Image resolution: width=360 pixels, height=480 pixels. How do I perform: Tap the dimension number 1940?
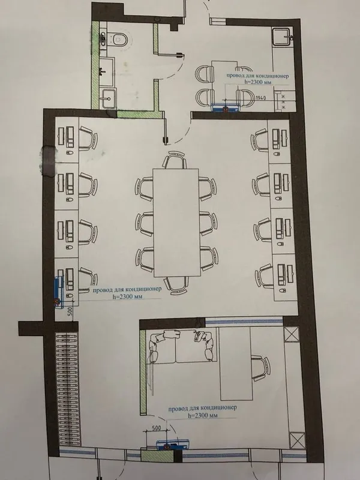(260, 98)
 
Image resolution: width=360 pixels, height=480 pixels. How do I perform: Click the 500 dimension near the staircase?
(70, 311)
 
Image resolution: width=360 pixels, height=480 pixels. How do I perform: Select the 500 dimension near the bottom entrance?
(156, 428)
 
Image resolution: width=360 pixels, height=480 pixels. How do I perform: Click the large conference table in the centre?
(176, 223)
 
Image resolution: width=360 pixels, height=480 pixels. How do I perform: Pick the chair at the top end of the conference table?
(175, 160)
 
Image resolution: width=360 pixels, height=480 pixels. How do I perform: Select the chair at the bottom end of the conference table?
(176, 285)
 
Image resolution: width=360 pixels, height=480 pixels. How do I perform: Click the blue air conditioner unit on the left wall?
(58, 292)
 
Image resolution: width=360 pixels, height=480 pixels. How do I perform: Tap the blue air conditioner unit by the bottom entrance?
(173, 445)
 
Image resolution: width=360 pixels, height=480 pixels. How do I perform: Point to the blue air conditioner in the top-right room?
(226, 107)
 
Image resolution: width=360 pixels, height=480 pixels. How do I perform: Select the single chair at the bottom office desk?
(260, 368)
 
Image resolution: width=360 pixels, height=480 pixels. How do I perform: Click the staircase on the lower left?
(67, 389)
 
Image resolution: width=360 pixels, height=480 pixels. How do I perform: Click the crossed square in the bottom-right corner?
(297, 440)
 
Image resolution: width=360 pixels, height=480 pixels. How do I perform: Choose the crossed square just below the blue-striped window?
(291, 334)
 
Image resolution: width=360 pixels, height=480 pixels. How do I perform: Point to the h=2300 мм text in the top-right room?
(259, 82)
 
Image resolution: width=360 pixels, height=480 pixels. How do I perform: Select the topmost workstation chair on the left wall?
(88, 139)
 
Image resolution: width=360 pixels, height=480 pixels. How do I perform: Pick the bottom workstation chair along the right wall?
(265, 276)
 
